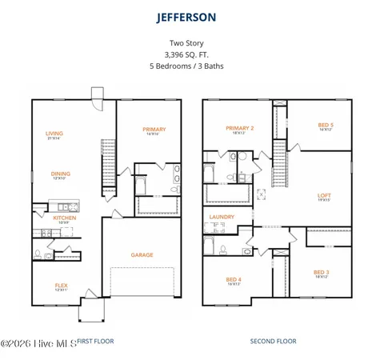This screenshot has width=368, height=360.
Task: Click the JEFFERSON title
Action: [x=186, y=16]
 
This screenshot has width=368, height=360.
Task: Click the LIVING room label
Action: [x=54, y=134]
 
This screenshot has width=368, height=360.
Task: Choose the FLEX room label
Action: [x=61, y=285]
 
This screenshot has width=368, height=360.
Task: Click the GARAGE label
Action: [x=142, y=255]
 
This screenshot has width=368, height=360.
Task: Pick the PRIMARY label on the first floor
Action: [x=154, y=130]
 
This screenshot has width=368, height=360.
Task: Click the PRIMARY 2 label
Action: [x=240, y=128]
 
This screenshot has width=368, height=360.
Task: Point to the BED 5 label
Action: [x=325, y=125]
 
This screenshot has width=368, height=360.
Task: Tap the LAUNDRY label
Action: [x=222, y=217]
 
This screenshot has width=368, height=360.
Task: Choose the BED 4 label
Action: [x=234, y=279]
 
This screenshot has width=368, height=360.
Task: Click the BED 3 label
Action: [x=321, y=272]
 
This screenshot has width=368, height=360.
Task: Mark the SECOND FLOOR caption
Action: [x=273, y=341]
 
